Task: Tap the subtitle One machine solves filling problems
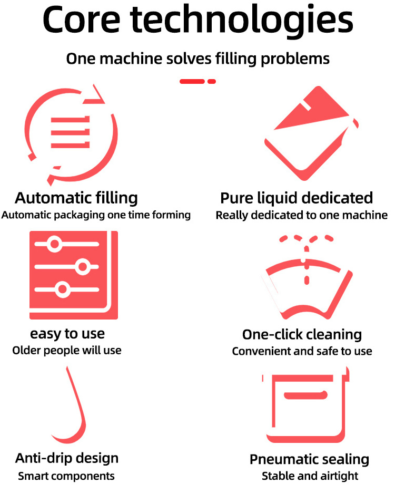[x=197, y=58]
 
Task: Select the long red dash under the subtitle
[x=192, y=81]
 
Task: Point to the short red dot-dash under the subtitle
[x=212, y=81]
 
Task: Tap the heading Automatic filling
[x=76, y=198]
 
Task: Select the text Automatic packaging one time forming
[x=96, y=215]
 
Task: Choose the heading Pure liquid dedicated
[x=297, y=198]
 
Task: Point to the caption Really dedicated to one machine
[x=302, y=215]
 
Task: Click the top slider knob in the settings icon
[x=54, y=244]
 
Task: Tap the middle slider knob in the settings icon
[x=82, y=267]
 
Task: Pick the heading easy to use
[x=67, y=334]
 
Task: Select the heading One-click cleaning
[x=302, y=334]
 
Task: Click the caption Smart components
[x=66, y=476]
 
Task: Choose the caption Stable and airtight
[x=310, y=476]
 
